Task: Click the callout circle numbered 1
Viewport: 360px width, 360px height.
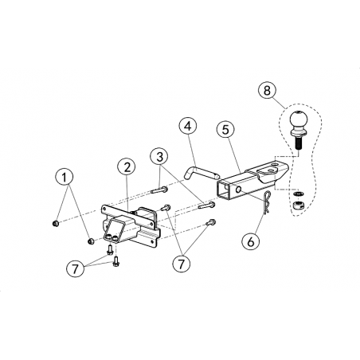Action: pos(65,178)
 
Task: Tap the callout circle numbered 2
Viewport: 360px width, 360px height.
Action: pos(127,167)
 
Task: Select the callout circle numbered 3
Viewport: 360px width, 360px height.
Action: pos(159,157)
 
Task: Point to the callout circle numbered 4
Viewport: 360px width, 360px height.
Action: pos(188,127)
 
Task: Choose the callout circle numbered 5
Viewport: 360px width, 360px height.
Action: pos(225,130)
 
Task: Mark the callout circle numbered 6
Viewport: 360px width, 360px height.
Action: pos(251,242)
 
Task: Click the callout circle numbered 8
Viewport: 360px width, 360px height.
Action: pos(267,90)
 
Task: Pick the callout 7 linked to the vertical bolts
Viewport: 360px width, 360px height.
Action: pos(76,268)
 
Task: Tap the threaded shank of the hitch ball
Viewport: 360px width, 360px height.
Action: pos(297,143)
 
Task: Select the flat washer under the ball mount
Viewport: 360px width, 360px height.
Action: pos(298,194)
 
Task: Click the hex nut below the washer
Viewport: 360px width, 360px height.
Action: pos(299,205)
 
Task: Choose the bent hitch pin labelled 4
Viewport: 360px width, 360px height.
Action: pos(201,173)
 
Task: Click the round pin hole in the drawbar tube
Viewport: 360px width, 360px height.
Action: pos(238,190)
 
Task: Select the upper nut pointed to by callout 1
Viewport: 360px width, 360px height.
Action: pos(56,223)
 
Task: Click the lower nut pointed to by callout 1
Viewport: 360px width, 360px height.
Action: pos(91,241)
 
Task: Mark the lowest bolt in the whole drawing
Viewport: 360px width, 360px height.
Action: pos(115,261)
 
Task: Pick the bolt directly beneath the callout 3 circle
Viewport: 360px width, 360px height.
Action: pos(160,190)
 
